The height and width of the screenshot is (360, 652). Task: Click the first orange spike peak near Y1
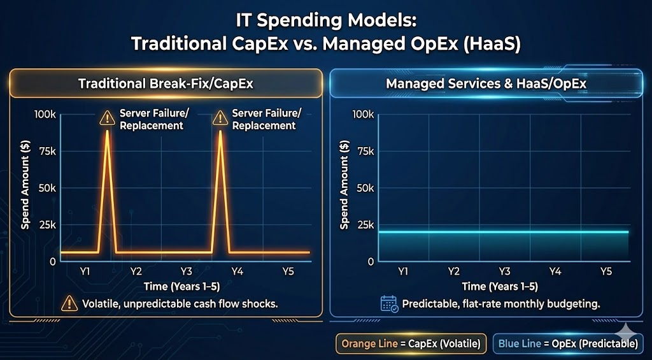coord(107,131)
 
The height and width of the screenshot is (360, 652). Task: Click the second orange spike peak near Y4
coord(220,131)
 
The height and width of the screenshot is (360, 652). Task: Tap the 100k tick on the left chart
coord(45,114)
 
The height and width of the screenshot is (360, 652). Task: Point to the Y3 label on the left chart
coord(186,271)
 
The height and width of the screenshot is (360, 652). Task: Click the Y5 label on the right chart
coord(606,271)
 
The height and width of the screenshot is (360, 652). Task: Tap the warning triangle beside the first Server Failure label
coord(107,118)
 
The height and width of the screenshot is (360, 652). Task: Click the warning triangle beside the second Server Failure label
coord(220,118)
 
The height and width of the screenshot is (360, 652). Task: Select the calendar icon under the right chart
coord(389,303)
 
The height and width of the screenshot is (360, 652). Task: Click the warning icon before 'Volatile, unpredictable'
coord(69,303)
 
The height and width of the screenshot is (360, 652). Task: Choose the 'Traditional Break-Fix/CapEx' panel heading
coord(166,83)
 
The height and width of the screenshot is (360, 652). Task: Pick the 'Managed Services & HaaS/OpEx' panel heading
coord(486,83)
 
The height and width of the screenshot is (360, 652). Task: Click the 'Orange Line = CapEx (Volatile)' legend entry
coord(411,343)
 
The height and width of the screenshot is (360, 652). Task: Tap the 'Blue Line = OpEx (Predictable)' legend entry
coord(568,343)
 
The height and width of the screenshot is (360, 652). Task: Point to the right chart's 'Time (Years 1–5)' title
coord(500,286)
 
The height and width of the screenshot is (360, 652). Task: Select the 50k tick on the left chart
coord(46,188)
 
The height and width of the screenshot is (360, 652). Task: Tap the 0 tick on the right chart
coord(371,261)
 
